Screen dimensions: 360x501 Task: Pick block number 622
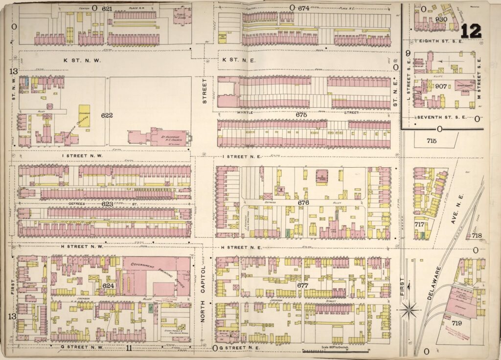click(x=107, y=115)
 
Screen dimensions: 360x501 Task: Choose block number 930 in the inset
click(x=442, y=19)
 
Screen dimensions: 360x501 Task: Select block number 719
click(x=457, y=323)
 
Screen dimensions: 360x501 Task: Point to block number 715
click(x=431, y=141)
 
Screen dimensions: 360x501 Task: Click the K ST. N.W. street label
click(x=82, y=60)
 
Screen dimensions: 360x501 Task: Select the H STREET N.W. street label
click(x=82, y=247)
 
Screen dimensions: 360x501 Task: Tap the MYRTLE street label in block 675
click(x=247, y=113)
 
